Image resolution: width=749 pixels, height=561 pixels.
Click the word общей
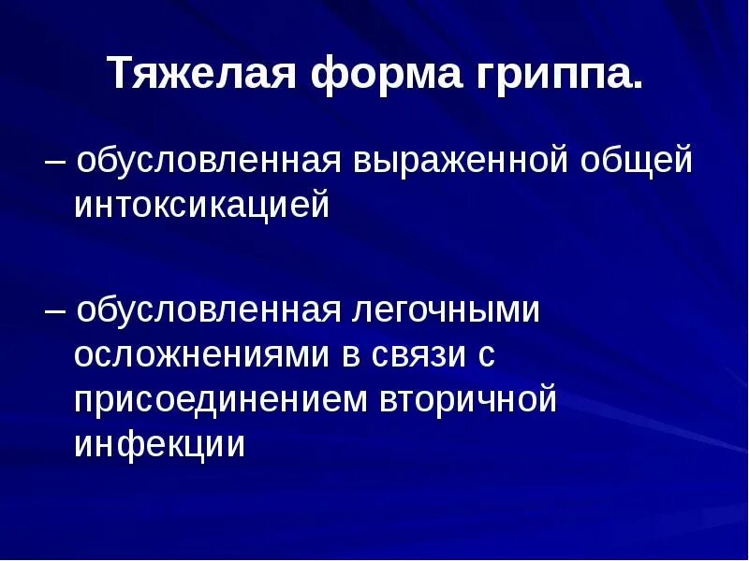tap(638, 161)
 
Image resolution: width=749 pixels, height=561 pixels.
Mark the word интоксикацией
tap(202, 205)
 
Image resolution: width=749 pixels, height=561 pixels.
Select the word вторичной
tap(468, 399)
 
